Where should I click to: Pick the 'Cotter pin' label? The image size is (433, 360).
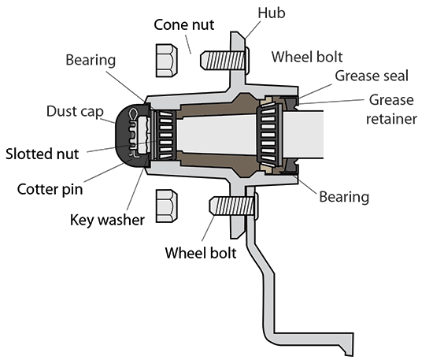tap(50, 189)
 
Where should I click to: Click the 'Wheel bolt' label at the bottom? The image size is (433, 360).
tap(200, 254)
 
